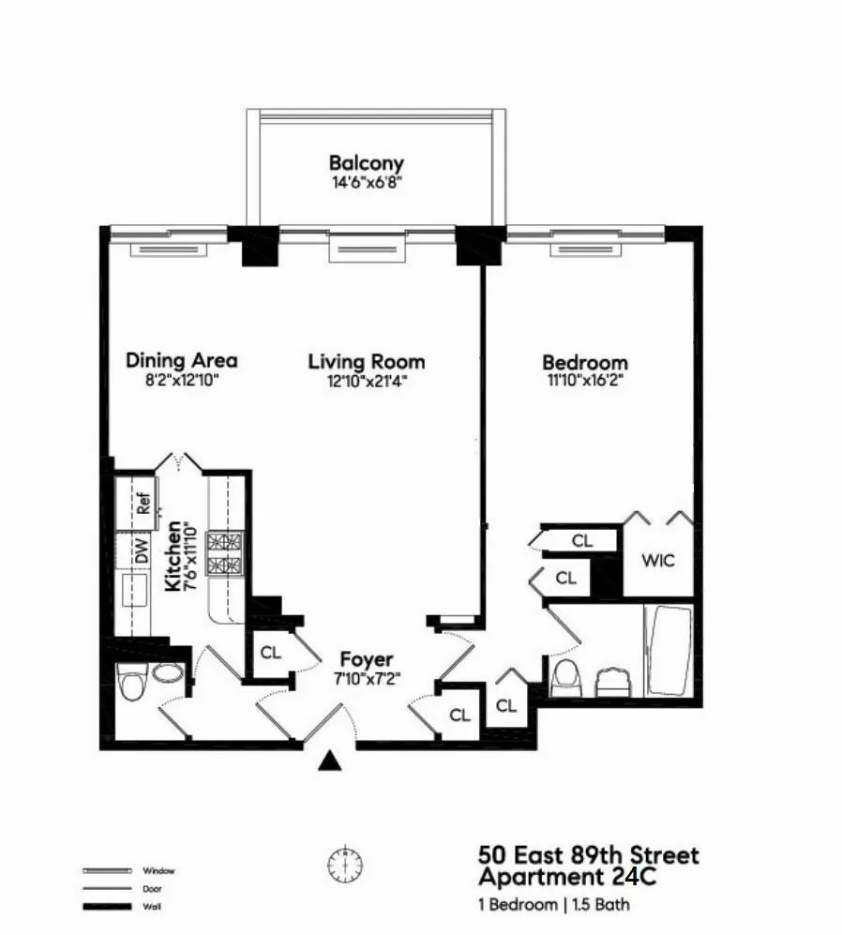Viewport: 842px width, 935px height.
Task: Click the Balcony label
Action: pyautogui.click(x=366, y=163)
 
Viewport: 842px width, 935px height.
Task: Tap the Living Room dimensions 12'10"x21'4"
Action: pyautogui.click(x=366, y=381)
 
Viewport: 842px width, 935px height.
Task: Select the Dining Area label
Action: pyautogui.click(x=181, y=360)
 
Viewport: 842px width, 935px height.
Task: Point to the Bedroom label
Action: pyautogui.click(x=584, y=363)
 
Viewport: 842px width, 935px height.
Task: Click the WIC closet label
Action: pyautogui.click(x=657, y=561)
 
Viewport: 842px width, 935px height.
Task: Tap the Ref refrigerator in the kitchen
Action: pyautogui.click(x=144, y=504)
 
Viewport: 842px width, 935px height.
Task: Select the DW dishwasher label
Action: pyautogui.click(x=143, y=553)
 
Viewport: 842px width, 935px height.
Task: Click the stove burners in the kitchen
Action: pyautogui.click(x=224, y=553)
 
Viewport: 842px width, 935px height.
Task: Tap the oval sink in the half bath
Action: pyautogui.click(x=168, y=674)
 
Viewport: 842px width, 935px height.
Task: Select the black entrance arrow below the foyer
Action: pyautogui.click(x=328, y=761)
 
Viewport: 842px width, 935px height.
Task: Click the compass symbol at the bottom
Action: pyautogui.click(x=344, y=863)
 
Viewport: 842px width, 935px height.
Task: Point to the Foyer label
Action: pyautogui.click(x=366, y=659)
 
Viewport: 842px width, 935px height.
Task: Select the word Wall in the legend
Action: pyautogui.click(x=149, y=906)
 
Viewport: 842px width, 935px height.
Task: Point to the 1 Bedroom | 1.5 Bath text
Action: pyautogui.click(x=554, y=905)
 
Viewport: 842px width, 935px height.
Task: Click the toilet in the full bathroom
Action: pyautogui.click(x=565, y=677)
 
